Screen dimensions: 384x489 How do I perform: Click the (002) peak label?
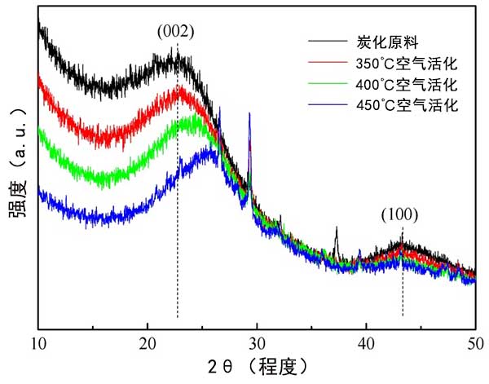(176, 32)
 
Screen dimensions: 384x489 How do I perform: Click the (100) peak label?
(399, 215)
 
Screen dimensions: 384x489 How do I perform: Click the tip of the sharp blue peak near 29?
(249, 114)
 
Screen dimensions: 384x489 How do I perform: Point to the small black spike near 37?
(336, 229)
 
